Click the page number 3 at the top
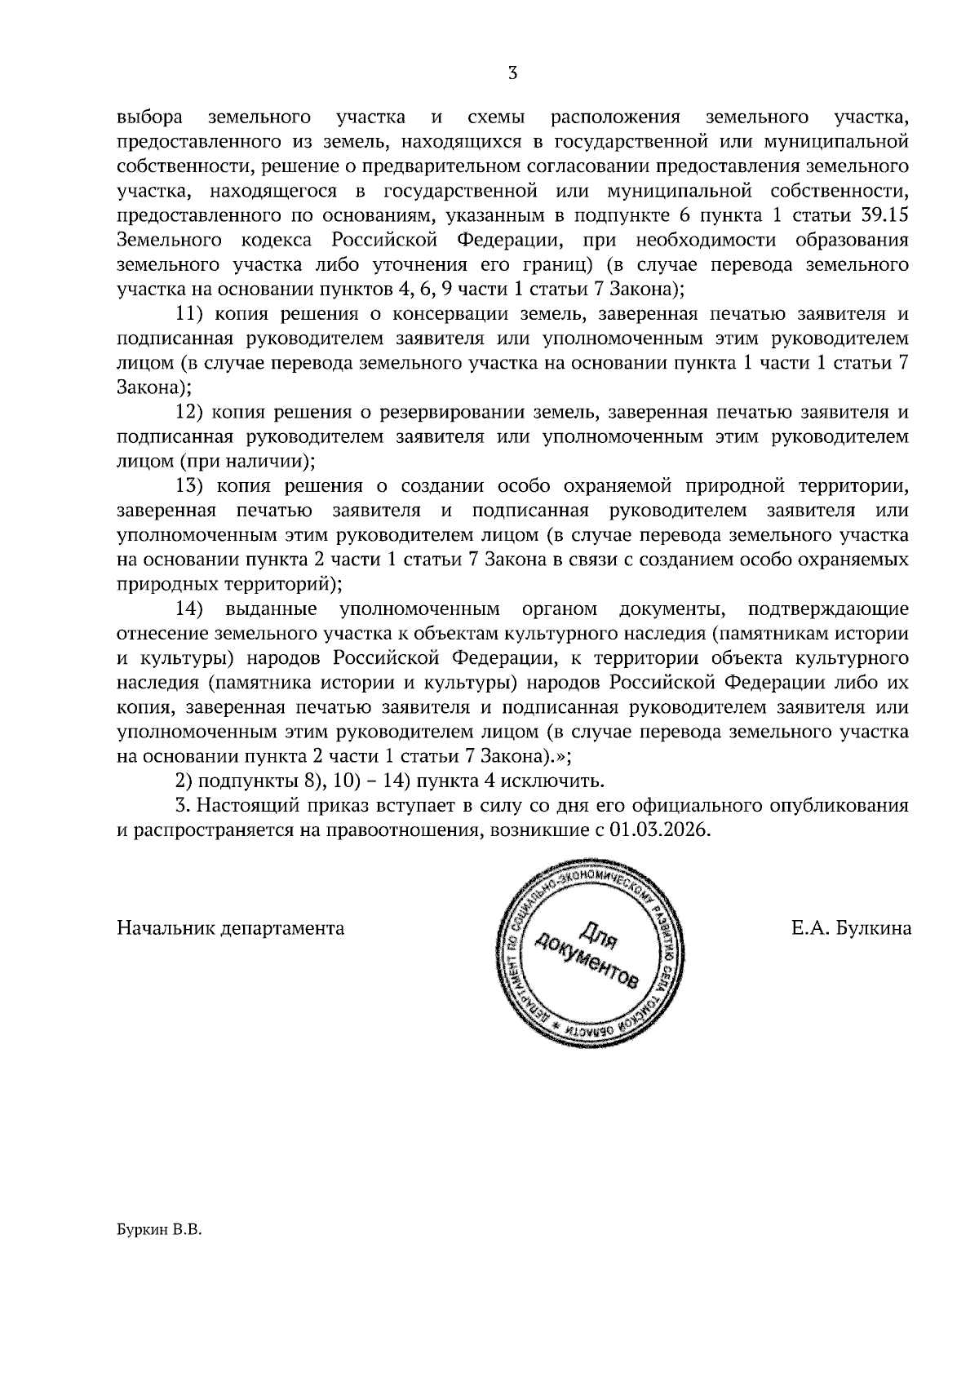[512, 73]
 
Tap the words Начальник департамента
[231, 928]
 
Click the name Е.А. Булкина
[851, 928]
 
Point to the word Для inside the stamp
[600, 932]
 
